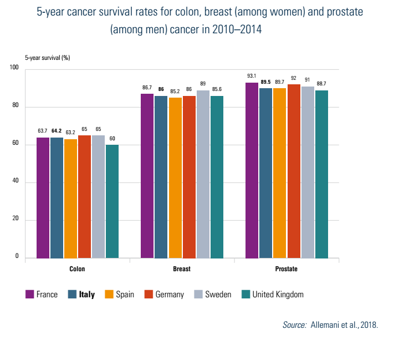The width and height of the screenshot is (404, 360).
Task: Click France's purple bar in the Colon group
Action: click(x=43, y=197)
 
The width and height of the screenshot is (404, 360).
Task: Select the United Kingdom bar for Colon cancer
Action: click(x=112, y=201)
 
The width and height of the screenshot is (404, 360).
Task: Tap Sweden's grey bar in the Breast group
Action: click(x=203, y=174)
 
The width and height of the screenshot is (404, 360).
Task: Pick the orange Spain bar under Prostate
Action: click(x=280, y=173)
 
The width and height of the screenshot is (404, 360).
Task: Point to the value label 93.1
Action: click(x=252, y=76)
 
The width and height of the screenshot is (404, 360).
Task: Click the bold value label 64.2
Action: click(x=57, y=131)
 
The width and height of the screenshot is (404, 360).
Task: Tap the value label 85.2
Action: click(x=175, y=91)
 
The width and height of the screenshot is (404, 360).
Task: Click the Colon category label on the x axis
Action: click(x=77, y=269)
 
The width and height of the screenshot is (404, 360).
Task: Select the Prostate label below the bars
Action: click(x=286, y=269)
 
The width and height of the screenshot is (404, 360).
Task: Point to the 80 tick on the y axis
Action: click(x=14, y=107)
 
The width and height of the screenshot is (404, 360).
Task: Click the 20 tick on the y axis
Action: click(x=14, y=220)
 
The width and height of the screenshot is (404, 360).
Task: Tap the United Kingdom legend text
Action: click(x=278, y=295)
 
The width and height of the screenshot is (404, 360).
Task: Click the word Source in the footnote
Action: click(x=294, y=325)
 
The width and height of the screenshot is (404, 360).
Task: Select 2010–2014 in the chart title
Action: click(x=234, y=29)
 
